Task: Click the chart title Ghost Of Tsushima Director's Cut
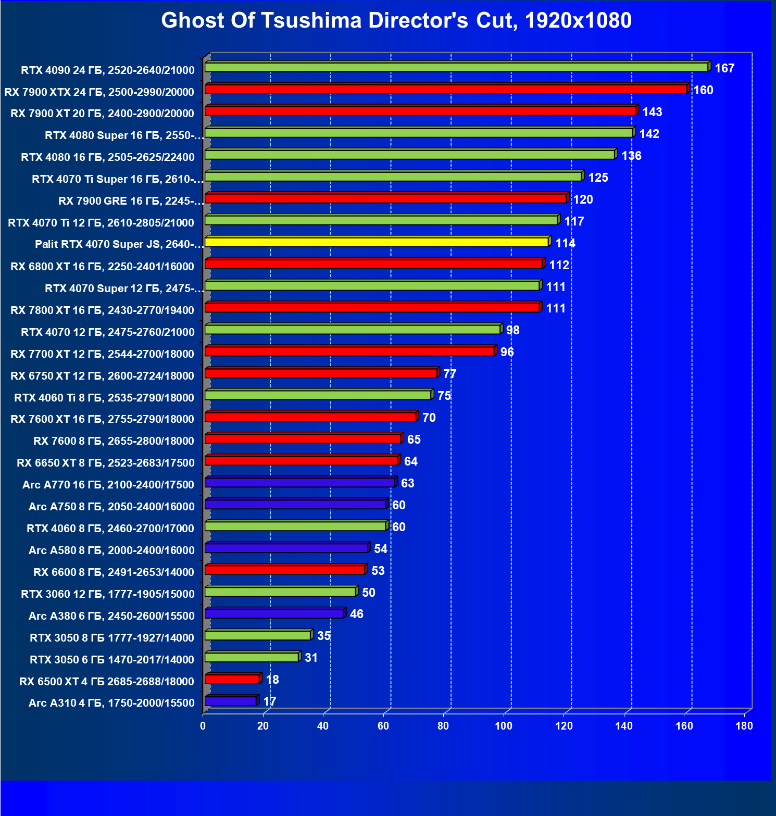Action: pos(396,21)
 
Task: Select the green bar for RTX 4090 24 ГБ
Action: pos(456,67)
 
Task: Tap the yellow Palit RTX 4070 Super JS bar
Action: pos(377,242)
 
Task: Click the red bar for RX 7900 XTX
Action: pos(446,89)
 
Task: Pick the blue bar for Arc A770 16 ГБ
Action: pos(299,482)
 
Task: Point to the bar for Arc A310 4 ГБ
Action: pos(231,701)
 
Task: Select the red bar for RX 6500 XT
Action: pos(232,679)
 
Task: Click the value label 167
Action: pos(724,68)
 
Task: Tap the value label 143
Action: pos(652,112)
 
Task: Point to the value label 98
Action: pos(512,330)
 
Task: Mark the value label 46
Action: pos(357,614)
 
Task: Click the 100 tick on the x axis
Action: pos(504,726)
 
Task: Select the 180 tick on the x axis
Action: pos(744,726)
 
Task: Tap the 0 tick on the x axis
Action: pos(203,726)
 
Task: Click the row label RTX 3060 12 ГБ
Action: pos(108,594)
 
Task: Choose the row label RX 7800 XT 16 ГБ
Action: pos(103,310)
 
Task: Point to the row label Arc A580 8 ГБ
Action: pos(111,550)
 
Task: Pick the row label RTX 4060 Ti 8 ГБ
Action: pos(104,398)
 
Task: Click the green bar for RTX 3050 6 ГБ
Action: pos(252,657)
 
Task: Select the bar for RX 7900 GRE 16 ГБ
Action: pos(385,198)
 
